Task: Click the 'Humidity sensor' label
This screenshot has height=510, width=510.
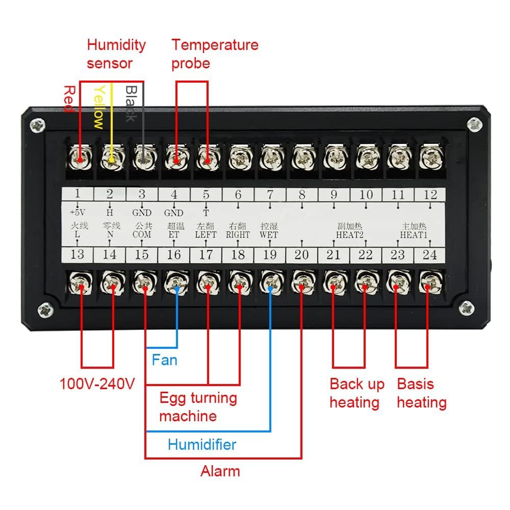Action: (116, 54)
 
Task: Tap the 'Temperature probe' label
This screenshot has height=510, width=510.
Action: (215, 54)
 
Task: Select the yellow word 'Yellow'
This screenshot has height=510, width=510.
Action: (99, 107)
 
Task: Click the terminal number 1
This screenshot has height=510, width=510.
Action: (78, 194)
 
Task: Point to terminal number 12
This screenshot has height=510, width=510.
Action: (430, 194)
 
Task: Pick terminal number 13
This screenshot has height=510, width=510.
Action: (78, 254)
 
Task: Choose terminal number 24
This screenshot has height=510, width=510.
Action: (430, 254)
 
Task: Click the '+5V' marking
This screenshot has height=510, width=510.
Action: (78, 213)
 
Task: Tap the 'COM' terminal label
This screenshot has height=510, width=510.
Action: (141, 235)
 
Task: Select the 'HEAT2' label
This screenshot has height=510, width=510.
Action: (349, 235)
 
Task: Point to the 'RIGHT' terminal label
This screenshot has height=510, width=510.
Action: (238, 235)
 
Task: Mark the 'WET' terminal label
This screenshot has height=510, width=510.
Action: (269, 235)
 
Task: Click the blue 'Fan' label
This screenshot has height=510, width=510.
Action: (165, 360)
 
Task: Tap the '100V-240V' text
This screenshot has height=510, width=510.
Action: (97, 384)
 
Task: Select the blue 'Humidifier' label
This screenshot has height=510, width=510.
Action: (202, 445)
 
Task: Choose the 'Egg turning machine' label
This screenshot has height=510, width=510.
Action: (197, 406)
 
